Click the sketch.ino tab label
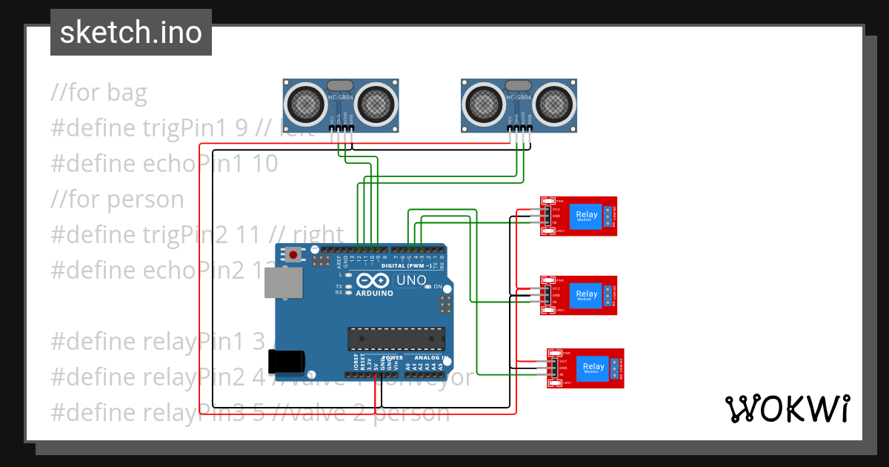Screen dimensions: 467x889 (130, 33)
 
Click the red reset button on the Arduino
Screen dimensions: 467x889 (293, 255)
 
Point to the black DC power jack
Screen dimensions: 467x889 (286, 361)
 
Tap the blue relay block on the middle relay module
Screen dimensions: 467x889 (587, 294)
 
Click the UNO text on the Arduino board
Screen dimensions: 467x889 (411, 281)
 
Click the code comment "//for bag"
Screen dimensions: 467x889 (99, 93)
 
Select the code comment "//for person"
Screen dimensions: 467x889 (117, 199)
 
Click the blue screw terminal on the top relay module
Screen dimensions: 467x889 (609, 216)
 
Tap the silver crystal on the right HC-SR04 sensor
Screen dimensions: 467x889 (518, 85)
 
